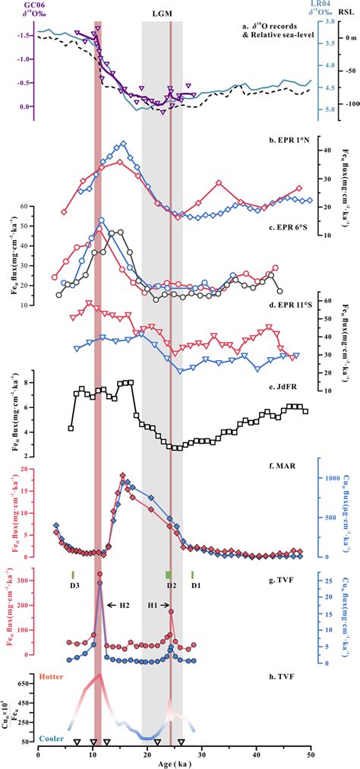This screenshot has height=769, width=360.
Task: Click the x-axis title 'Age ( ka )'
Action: [175, 763]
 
